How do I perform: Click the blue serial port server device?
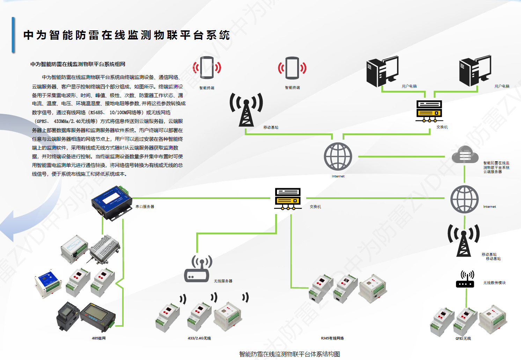tap(111, 202)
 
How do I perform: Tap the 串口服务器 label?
tap(145, 207)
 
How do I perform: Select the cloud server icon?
tap(464, 155)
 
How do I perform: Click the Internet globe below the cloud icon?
tap(464, 199)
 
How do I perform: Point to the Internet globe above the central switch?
tap(338, 156)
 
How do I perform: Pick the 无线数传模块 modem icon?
tap(465, 279)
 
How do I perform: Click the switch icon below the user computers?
tap(429, 111)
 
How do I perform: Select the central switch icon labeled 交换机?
tap(288, 199)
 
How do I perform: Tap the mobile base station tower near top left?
tap(246, 109)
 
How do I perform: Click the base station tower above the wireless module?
tap(464, 240)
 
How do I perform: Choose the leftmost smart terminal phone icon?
tap(207, 68)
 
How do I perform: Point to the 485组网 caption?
tap(98, 338)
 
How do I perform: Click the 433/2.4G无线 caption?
tap(199, 338)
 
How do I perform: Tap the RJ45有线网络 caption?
tap(332, 338)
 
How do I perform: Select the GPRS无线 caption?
tap(463, 339)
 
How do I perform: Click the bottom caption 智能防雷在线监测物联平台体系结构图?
tap(289, 354)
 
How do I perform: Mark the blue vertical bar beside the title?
tap(13, 35)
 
